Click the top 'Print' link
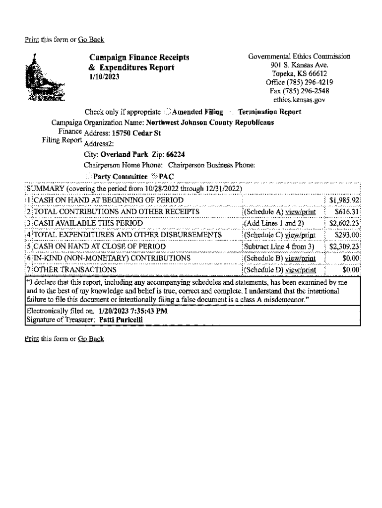(32, 40)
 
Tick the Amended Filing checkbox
(168, 112)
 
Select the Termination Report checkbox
(233, 112)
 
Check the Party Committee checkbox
(88, 177)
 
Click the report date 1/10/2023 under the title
(104, 77)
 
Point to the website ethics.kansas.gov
(302, 99)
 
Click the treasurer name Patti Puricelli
(121, 320)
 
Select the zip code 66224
(176, 154)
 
